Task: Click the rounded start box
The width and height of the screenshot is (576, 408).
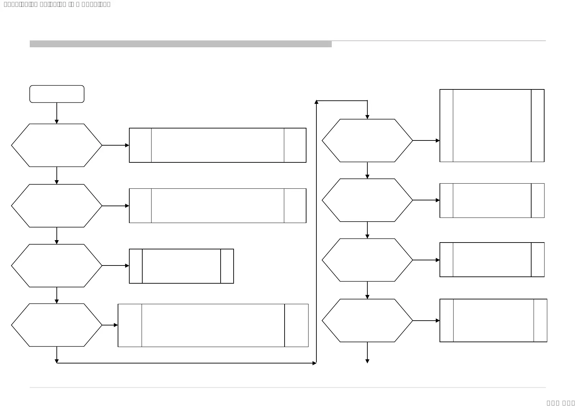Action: coord(57,94)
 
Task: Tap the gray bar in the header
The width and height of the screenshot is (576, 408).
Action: coord(181,44)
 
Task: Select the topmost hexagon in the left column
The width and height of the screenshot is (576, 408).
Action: coord(57,145)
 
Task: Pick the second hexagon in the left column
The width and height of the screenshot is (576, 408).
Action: coord(57,206)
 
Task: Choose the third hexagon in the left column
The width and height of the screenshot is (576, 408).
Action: coord(57,265)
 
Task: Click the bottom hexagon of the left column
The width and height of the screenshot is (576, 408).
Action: coord(57,325)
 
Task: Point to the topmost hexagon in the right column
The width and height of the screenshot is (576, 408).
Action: coord(367,140)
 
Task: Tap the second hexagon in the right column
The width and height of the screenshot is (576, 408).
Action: coord(367,200)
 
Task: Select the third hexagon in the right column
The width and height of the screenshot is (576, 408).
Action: coord(367,260)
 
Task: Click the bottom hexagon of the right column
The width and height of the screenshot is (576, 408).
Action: coord(367,321)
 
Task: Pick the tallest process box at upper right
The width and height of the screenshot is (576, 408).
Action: coord(492,125)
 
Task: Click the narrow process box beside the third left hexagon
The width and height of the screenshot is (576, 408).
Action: coord(181,266)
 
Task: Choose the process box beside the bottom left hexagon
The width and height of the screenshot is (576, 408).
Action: coord(213,325)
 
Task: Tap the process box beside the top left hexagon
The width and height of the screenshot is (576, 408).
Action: coord(218,145)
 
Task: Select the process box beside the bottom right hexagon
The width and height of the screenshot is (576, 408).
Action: coord(493,321)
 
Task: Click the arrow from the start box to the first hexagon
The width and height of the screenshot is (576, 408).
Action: coord(57,113)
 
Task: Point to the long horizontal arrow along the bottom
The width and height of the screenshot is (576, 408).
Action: coord(186,363)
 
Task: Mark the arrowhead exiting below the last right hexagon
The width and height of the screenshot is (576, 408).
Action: coord(367,361)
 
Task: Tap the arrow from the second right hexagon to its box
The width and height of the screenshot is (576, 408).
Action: coord(426,200)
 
